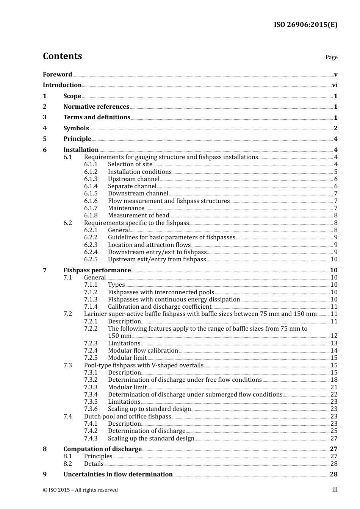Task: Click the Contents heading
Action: pos(62,56)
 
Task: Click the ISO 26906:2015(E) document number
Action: pos(305,25)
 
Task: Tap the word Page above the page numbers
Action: pos(331,57)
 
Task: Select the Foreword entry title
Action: pos(57,74)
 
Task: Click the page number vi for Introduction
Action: pos(335,85)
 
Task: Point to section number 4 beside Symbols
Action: pos(45,128)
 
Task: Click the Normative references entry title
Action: pos(96,107)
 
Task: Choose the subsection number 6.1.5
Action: pos(91,194)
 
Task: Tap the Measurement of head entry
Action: pos(138,215)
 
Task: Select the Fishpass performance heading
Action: pos(97,270)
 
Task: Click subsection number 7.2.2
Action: pos(91,329)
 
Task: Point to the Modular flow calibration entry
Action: pos(143,351)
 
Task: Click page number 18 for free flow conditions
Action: pos(334,380)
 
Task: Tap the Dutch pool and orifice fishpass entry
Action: pos(127,417)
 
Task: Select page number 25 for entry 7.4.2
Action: pos(334,431)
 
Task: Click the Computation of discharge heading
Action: pos(102,449)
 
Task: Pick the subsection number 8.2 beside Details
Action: pos(68,464)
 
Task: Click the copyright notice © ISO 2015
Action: pos(80,490)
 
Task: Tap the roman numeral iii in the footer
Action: pos(335,490)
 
